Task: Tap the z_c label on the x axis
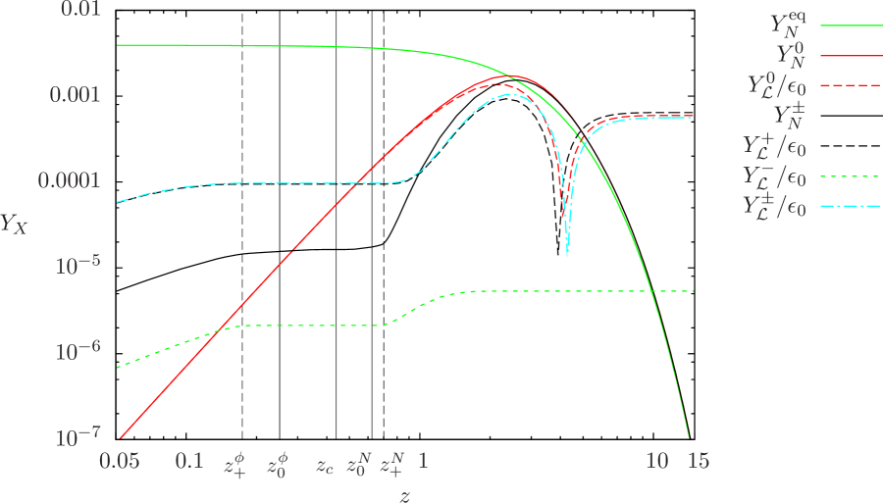[x=325, y=465]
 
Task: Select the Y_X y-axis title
[x=15, y=224]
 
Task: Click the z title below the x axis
[x=404, y=494]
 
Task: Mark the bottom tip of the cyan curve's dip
[x=567, y=256]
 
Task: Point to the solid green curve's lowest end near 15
[x=689, y=437]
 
